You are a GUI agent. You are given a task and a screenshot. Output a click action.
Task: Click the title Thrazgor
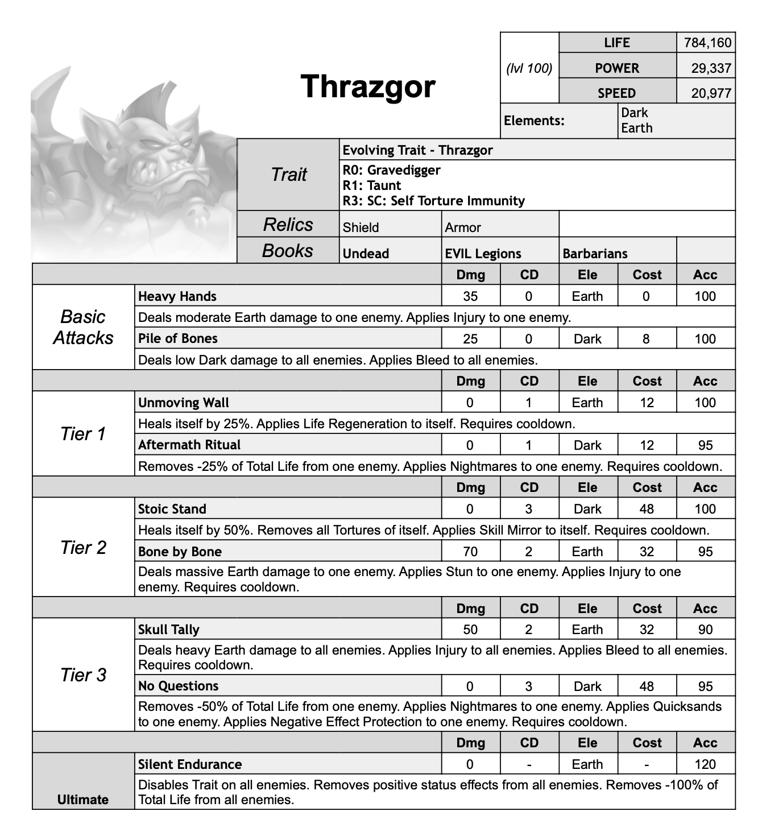(x=368, y=86)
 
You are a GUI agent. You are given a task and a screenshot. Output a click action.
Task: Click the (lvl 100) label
(x=529, y=68)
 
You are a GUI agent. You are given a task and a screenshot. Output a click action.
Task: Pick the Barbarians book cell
(x=595, y=254)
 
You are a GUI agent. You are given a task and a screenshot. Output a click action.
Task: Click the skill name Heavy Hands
(x=177, y=296)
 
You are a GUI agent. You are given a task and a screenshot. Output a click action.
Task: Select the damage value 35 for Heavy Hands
(x=470, y=296)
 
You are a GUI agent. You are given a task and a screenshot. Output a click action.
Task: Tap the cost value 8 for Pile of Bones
(x=646, y=339)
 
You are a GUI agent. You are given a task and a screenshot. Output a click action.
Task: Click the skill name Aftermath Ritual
(x=189, y=445)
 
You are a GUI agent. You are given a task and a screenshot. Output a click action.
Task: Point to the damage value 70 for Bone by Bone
(x=470, y=552)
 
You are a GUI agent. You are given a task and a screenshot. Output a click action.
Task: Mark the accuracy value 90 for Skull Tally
(x=705, y=630)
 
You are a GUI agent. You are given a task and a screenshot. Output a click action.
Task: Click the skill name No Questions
(x=178, y=686)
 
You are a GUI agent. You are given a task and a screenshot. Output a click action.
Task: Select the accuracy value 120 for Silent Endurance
(x=705, y=764)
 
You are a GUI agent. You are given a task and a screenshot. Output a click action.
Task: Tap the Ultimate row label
(x=83, y=799)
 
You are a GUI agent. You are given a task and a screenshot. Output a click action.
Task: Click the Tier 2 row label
(x=83, y=547)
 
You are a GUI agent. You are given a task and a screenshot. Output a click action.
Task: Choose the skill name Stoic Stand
(x=172, y=509)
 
